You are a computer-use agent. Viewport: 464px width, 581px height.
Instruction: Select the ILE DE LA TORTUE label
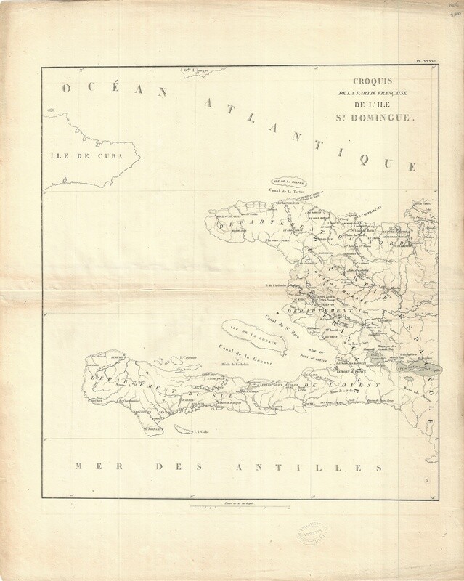pos(288,182)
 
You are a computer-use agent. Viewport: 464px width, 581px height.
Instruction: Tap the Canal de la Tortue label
pos(290,190)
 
